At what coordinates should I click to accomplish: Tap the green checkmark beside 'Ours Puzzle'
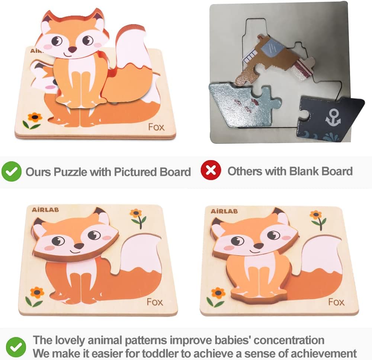click(x=11, y=172)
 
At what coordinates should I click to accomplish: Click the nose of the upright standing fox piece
click(x=72, y=49)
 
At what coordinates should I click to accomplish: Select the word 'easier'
click(x=124, y=353)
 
